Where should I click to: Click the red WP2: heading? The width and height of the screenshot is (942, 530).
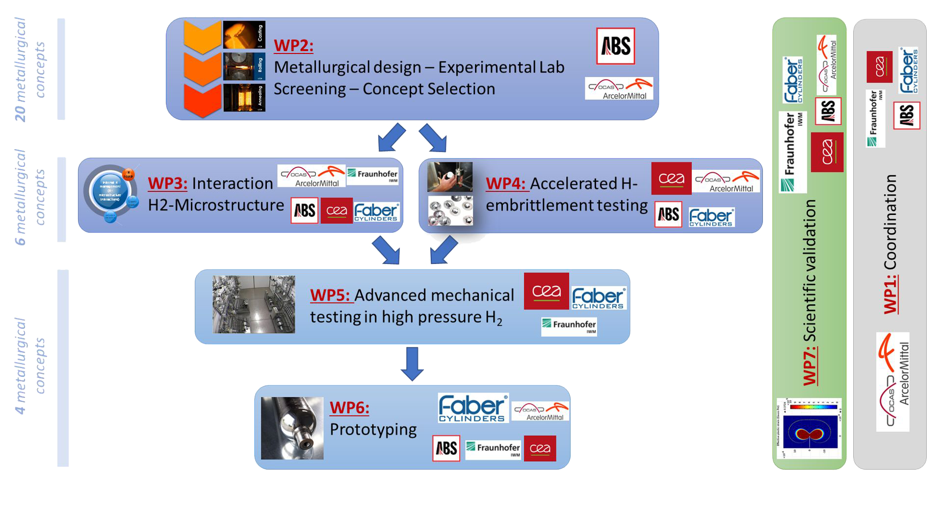[293, 45]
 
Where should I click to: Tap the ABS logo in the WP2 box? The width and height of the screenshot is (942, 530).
[615, 46]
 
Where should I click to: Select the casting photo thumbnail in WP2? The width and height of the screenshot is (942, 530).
[244, 35]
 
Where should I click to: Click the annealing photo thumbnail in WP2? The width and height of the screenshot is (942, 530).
[244, 98]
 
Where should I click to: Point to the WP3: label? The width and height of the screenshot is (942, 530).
[167, 183]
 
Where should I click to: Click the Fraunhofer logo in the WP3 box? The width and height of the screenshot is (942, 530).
[372, 175]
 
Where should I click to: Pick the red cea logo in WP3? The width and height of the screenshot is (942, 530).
[337, 211]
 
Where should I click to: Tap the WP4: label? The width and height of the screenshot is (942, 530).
[505, 184]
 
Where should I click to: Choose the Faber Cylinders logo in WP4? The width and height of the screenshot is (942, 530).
[711, 217]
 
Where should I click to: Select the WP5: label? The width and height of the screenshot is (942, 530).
[330, 295]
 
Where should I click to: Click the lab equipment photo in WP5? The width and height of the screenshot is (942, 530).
[254, 304]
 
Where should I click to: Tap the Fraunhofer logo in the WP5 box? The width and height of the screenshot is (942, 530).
[569, 326]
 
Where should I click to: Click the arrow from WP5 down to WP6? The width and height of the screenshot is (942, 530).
[412, 364]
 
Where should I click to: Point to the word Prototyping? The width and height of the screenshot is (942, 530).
[373, 429]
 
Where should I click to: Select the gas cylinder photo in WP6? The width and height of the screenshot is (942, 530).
[292, 428]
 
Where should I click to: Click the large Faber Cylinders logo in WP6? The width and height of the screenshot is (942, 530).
[473, 408]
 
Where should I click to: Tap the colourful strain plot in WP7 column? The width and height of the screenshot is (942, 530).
[809, 428]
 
